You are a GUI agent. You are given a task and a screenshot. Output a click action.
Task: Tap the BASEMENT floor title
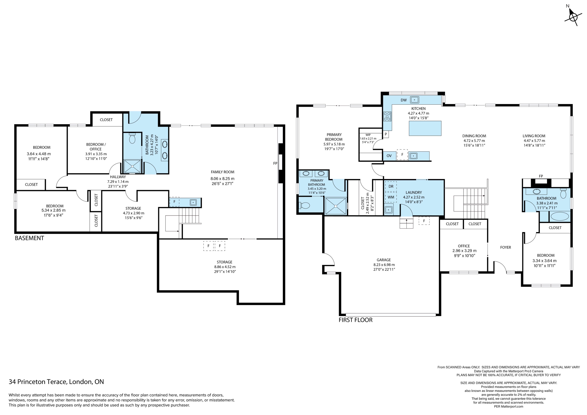pyautogui.click(x=29, y=238)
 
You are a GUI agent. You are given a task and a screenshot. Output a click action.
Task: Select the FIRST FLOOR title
pyautogui.click(x=355, y=320)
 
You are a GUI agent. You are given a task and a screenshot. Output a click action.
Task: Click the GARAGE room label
pyautogui.click(x=384, y=260)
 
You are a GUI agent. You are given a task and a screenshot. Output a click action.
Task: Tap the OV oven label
pyautogui.click(x=389, y=156)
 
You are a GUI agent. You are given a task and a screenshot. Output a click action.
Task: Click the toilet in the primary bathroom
pyautogui.click(x=305, y=205)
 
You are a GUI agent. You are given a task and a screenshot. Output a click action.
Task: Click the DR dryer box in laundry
pyautogui.click(x=391, y=186)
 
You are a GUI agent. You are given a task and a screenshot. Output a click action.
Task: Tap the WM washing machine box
pyautogui.click(x=391, y=197)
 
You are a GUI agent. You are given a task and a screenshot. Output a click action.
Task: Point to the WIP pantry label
pyautogui.click(x=368, y=135)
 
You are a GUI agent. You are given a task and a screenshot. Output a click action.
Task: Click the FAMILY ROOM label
pyautogui.click(x=222, y=172)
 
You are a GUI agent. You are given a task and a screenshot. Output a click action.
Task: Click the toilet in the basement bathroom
pyautogui.click(x=132, y=138)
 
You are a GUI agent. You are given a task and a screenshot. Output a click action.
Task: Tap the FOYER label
pyautogui.click(x=505, y=247)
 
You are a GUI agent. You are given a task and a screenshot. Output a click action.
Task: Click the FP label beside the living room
pyautogui.click(x=541, y=176)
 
